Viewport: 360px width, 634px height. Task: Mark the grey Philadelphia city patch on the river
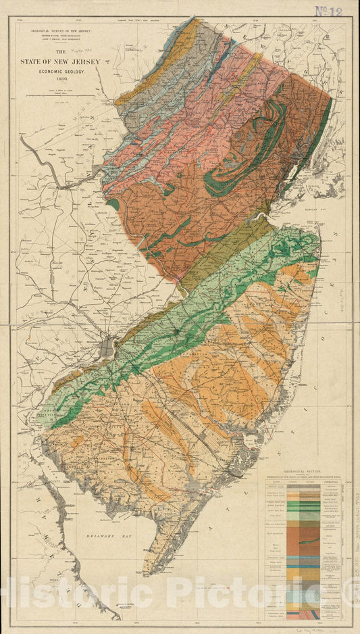108,349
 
